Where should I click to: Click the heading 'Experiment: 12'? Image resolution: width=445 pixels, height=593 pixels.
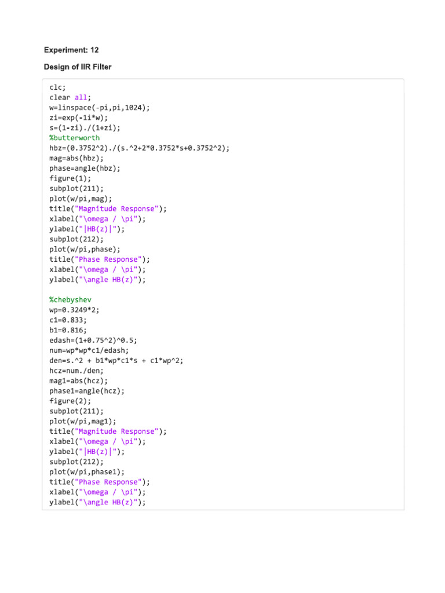coord(71,50)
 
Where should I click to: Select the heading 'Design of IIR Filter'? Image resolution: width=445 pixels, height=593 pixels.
coord(78,67)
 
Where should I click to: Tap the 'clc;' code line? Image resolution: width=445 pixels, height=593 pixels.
coord(57,87)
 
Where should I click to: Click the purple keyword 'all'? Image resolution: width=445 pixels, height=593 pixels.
coord(81,97)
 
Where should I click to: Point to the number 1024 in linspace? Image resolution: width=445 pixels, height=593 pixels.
coord(133,108)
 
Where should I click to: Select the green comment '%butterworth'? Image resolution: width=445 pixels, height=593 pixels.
coord(75,138)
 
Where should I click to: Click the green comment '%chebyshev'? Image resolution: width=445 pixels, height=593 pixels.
coord(70,300)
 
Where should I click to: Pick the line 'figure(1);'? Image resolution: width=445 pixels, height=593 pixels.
coord(70,178)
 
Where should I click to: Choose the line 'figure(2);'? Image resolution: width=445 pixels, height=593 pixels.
coord(70,401)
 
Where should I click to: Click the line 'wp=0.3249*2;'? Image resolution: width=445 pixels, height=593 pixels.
coord(74,310)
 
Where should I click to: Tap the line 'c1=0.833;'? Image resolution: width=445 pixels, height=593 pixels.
coord(68,320)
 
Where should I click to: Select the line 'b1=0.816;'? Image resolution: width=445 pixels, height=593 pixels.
coord(68,331)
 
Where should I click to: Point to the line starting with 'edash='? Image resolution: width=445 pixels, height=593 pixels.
coord(93,341)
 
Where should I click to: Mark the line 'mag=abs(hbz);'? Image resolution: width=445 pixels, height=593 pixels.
coord(76,158)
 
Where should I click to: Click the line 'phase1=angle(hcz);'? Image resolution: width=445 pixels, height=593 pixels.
coord(87,391)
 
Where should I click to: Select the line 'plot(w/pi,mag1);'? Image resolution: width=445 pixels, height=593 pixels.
coord(82,422)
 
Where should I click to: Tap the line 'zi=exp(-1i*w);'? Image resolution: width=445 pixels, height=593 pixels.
coord(78,118)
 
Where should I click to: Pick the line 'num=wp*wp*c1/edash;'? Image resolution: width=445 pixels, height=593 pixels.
coord(89,350)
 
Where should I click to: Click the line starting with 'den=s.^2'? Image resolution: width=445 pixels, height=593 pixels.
coord(116,361)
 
